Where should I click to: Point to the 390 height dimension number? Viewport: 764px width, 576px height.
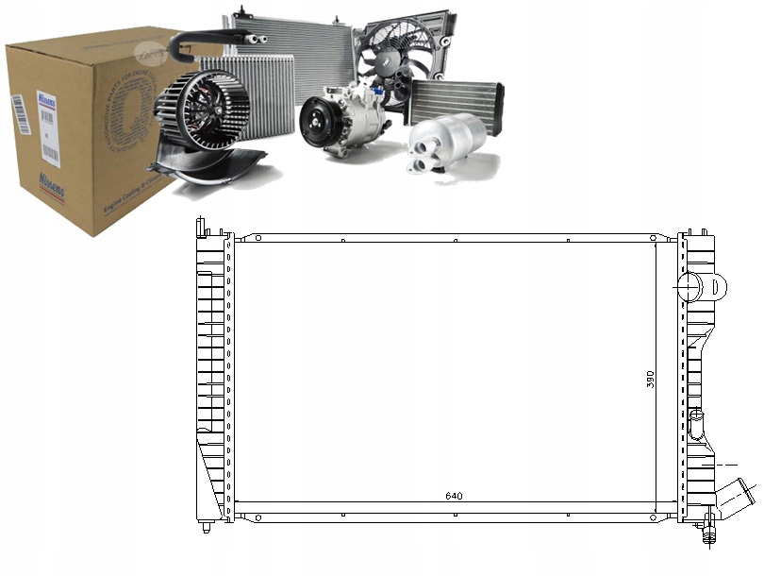[x=650, y=381]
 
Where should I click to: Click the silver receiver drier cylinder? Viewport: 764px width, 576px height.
[x=447, y=142]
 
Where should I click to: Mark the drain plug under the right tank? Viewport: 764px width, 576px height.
[x=706, y=539]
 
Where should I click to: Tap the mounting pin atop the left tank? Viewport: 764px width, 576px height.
[x=200, y=228]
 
